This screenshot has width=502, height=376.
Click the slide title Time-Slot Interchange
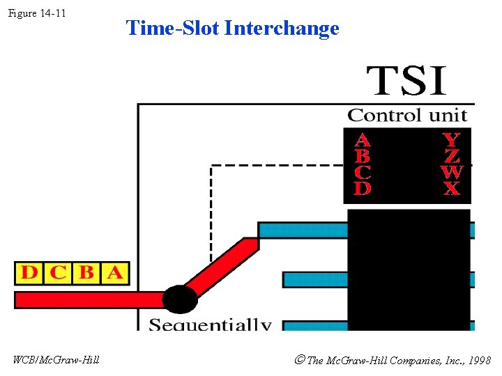[x=232, y=29]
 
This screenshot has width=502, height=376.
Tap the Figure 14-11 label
[x=37, y=13]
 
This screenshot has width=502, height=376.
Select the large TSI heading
[x=407, y=81]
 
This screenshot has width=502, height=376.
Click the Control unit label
[x=407, y=115]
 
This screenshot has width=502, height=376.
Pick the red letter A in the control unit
[x=363, y=139]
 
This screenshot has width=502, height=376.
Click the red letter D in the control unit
[x=363, y=188]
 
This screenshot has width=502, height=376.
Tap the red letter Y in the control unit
[x=452, y=139]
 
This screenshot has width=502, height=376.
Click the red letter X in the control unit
[x=452, y=188]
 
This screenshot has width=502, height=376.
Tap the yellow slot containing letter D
[x=29, y=273]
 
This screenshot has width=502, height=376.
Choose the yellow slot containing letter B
[x=86, y=273]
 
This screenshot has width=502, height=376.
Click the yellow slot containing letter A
[x=115, y=273]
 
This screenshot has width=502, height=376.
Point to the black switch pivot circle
[x=180, y=299]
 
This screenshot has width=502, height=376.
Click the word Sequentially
[x=210, y=324]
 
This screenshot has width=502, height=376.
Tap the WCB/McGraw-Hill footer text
[x=56, y=360]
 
